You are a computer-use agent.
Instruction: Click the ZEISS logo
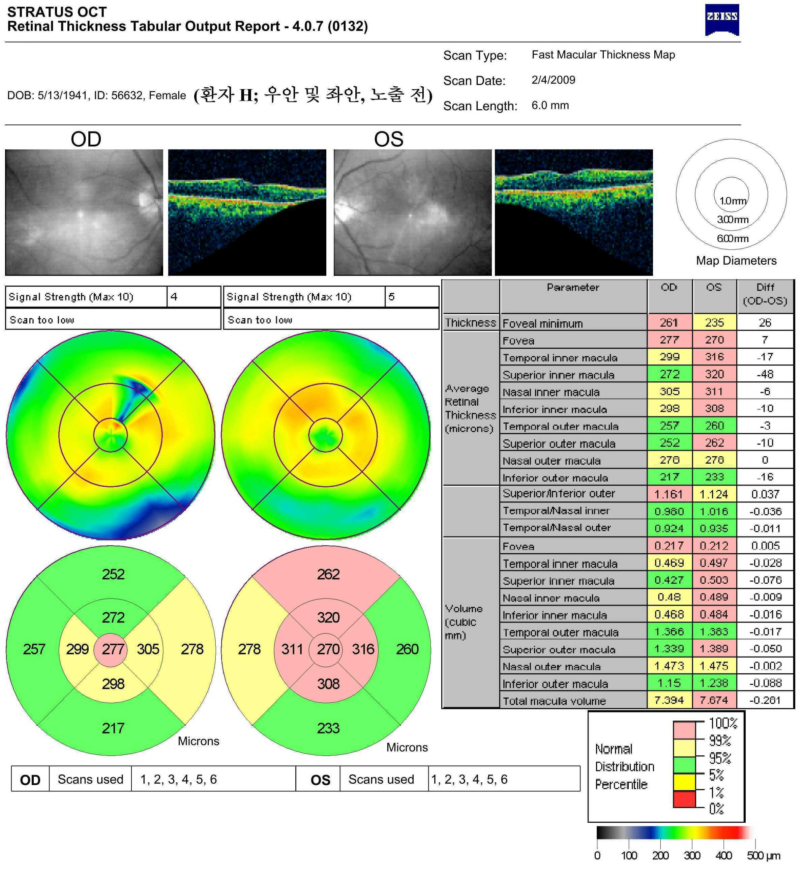tap(722, 20)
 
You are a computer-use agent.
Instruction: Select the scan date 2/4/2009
tap(553, 80)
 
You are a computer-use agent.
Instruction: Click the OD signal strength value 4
tap(174, 297)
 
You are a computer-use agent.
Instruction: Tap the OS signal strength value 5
tap(391, 297)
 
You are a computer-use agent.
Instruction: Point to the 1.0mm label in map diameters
tap(733, 201)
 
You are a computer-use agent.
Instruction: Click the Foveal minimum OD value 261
tap(669, 323)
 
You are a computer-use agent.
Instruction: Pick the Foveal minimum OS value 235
tap(714, 323)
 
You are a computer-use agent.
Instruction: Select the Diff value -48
tap(765, 374)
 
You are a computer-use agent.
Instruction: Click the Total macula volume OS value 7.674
tap(714, 700)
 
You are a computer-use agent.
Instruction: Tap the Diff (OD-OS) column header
tap(765, 294)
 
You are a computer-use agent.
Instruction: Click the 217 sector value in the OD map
tap(113, 728)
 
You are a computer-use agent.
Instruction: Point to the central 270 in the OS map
tap(328, 649)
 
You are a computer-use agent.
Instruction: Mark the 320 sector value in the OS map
tap(328, 618)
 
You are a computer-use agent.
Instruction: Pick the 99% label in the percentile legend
tap(720, 740)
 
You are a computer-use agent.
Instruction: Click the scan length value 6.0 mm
tap(550, 105)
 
